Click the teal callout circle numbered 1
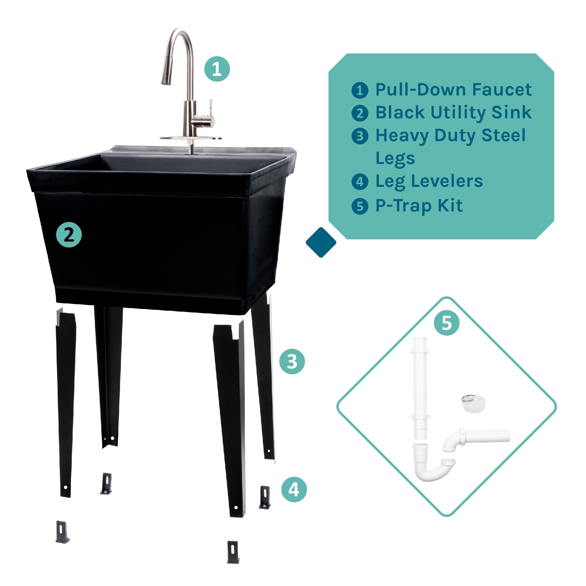[217, 69]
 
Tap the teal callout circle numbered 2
[69, 235]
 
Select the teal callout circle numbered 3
[292, 361]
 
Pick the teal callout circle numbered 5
[447, 323]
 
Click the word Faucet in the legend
[502, 90]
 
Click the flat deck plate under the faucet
[190, 138]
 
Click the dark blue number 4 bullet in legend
[360, 182]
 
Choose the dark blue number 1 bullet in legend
[360, 90]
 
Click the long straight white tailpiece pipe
[420, 388]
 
